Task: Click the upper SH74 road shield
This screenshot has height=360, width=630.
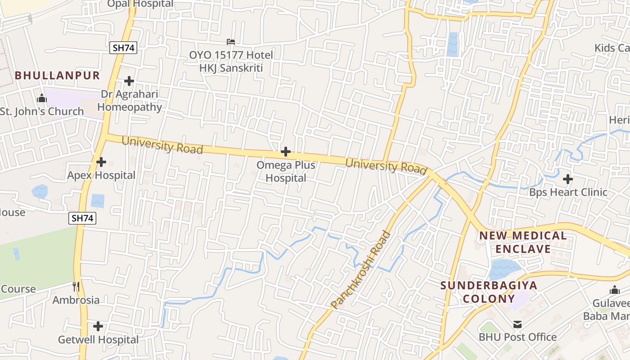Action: click(123, 48)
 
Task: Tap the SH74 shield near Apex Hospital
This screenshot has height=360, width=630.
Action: click(83, 218)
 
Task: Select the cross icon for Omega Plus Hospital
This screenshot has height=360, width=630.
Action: click(285, 152)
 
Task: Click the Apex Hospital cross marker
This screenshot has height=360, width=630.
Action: click(101, 162)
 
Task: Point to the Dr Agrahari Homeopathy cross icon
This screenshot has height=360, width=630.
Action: click(129, 81)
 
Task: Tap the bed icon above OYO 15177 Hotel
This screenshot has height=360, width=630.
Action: click(231, 42)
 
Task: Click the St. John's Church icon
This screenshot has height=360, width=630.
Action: click(42, 98)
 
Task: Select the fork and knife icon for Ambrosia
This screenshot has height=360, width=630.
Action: click(76, 286)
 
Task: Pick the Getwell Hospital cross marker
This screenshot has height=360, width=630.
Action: click(98, 326)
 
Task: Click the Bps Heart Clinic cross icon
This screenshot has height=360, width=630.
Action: click(568, 179)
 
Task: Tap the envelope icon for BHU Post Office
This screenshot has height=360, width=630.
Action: click(517, 324)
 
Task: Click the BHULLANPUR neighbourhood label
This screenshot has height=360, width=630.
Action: click(57, 75)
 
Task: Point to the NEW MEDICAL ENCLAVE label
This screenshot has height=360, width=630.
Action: click(522, 242)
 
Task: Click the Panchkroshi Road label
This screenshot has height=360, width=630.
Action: click(361, 270)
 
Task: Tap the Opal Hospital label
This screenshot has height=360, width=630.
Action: click(140, 4)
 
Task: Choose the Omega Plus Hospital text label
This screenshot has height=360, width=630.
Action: click(286, 171)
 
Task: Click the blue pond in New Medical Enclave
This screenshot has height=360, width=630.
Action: click(503, 269)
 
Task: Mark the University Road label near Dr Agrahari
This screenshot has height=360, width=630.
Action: click(162, 145)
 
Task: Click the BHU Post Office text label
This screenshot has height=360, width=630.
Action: click(517, 337)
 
